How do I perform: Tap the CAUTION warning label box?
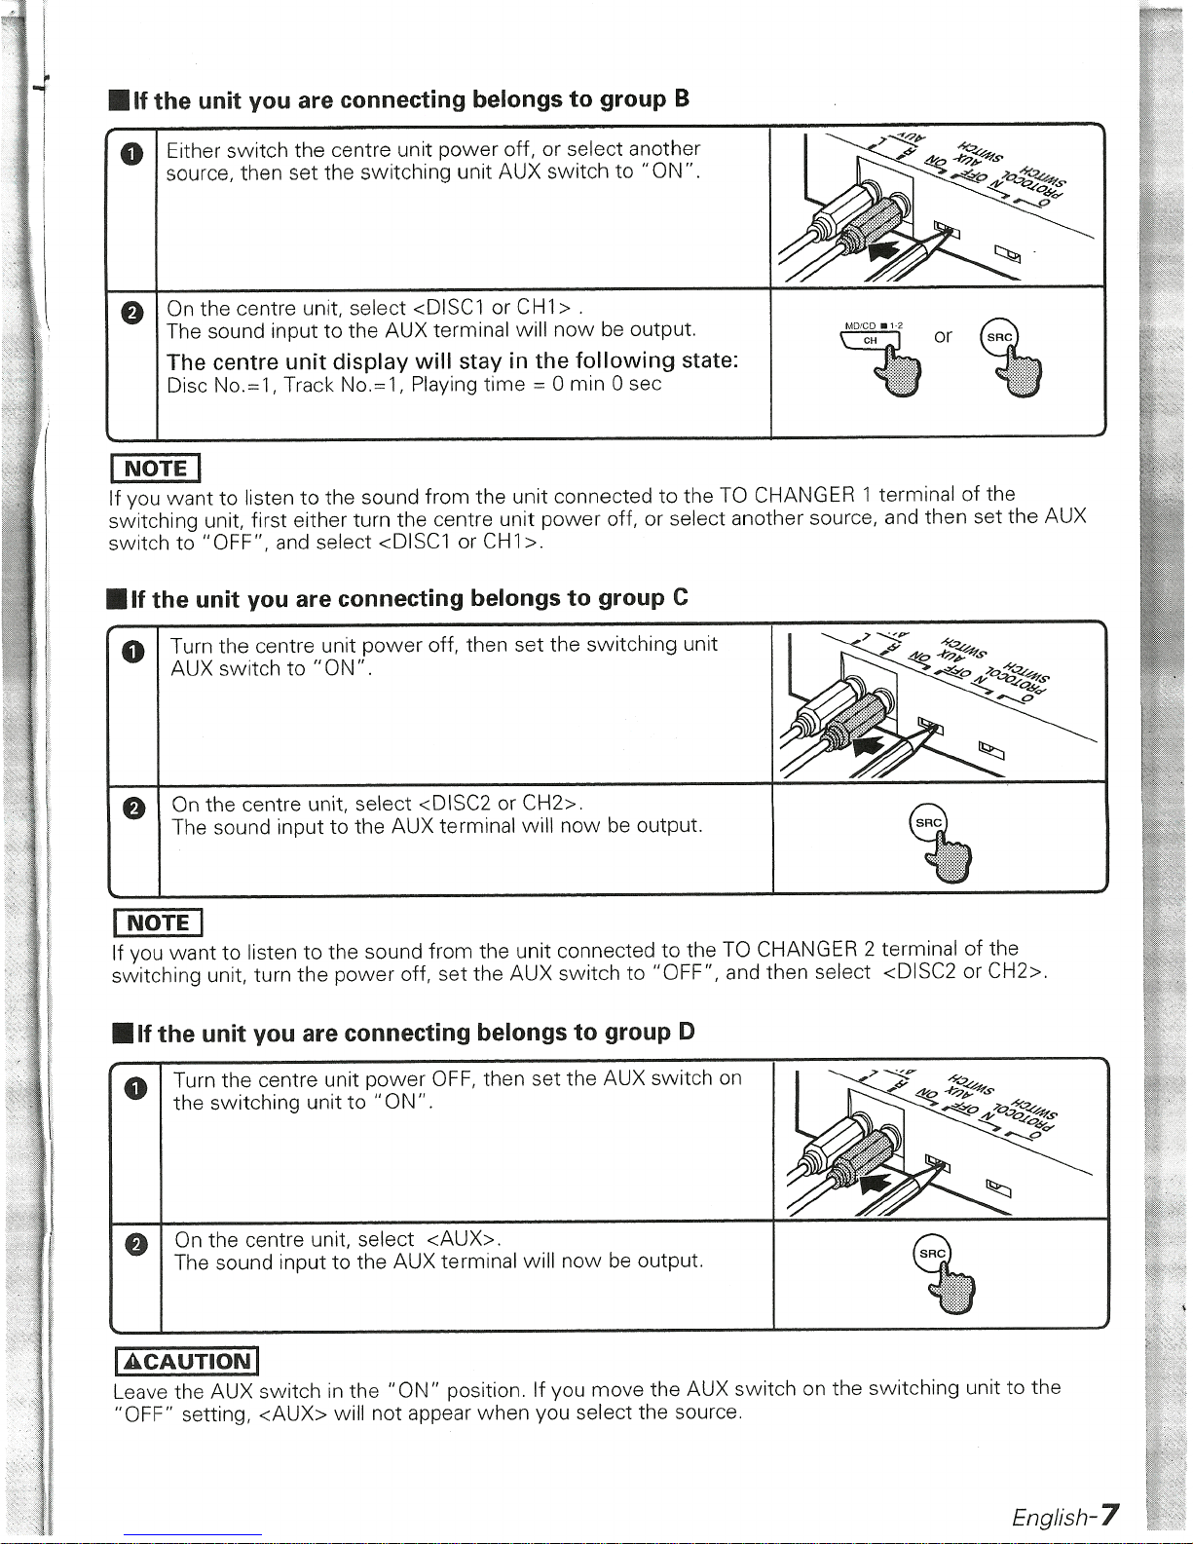(184, 1361)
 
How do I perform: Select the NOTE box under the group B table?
(154, 468)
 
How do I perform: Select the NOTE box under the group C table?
(156, 922)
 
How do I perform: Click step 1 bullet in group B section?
(132, 154)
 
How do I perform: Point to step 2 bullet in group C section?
(133, 808)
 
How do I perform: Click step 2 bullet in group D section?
(137, 1244)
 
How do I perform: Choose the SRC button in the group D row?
(932, 1253)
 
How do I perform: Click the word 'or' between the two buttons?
(943, 336)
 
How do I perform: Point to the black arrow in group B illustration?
(884, 252)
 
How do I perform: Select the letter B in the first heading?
(682, 98)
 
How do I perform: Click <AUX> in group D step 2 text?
(464, 1239)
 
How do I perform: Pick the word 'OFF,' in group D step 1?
(453, 1078)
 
